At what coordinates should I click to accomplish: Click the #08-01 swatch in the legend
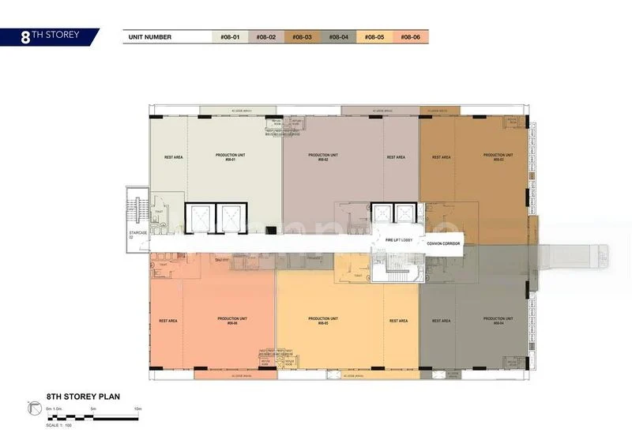pos(229,37)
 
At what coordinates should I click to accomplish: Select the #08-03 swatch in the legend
pos(303,37)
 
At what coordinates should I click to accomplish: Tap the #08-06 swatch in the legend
pos(410,37)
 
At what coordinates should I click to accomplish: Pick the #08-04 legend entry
pos(339,37)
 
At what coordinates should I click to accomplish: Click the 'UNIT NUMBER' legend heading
pos(149,37)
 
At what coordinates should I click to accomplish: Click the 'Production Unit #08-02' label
pos(323,157)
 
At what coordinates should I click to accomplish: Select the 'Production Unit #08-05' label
pos(323,321)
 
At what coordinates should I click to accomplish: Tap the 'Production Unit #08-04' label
pos(498,321)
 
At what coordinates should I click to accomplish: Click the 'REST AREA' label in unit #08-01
pos(174,157)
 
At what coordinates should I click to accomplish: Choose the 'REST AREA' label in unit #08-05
pos(398,321)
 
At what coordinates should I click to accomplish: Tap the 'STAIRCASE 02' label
pos(137,234)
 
